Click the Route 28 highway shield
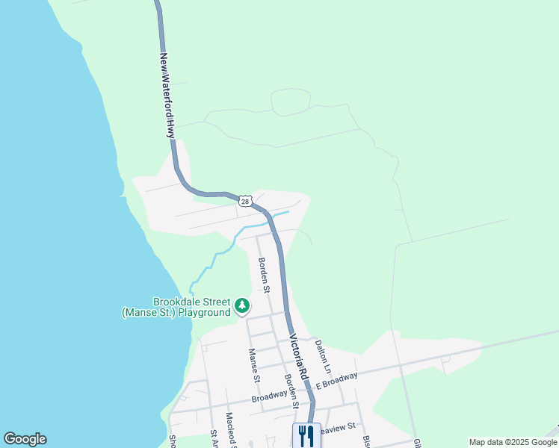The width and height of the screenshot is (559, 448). tap(245, 201)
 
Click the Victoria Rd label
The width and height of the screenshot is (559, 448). tap(298, 357)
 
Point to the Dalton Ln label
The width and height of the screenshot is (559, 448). tap(322, 356)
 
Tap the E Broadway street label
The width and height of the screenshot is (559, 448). tap(336, 380)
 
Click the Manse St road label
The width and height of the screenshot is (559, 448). tap(254, 366)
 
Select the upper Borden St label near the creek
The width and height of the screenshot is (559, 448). tap(264, 275)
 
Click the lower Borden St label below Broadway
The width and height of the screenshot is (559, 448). tap(291, 391)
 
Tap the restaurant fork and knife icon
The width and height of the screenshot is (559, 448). tap(306, 435)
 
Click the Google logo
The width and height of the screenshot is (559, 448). tap(25, 439)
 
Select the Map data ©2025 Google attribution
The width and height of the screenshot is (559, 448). tap(513, 442)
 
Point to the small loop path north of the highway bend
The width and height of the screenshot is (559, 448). tap(291, 102)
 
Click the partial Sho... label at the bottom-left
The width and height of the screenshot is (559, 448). tap(172, 441)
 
